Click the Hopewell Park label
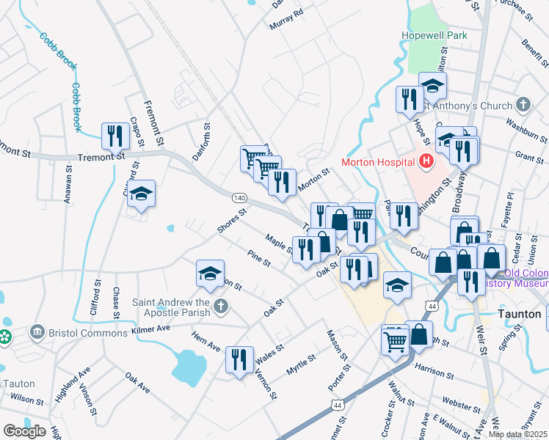coord(435,35)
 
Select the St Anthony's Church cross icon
coord(523,106)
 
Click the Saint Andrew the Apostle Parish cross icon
coord(219,306)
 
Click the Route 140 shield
coord(239,198)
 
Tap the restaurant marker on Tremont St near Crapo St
coord(114,135)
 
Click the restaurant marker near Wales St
coord(239,359)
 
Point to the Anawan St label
coord(68,182)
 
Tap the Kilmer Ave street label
coord(150,329)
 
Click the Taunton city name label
coord(519,312)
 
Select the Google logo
coord(24,431)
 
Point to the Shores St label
coord(231,221)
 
